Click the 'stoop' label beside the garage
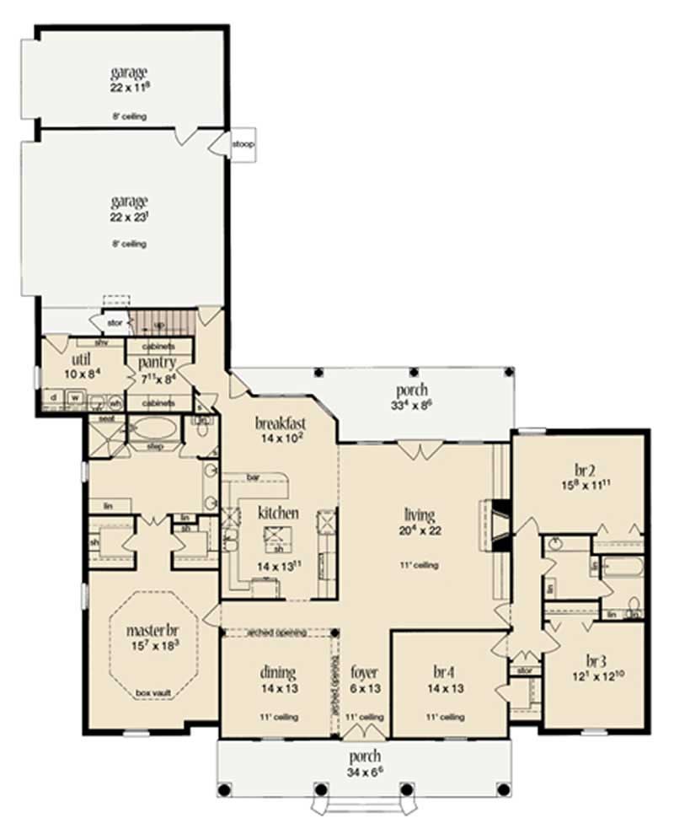[243, 144]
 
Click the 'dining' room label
[277, 673]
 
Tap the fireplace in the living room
[500, 526]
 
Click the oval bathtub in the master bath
[156, 427]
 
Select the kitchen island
[275, 535]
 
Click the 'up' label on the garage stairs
[159, 325]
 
